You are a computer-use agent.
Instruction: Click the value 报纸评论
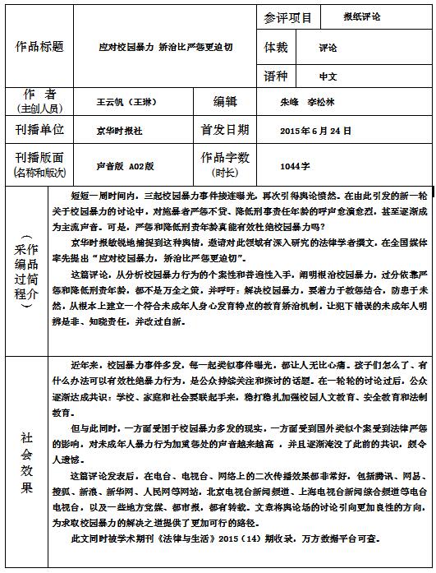(362, 16)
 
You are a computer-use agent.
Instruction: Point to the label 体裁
(277, 47)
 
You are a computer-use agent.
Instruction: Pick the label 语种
(277, 75)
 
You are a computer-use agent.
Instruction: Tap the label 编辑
(225, 101)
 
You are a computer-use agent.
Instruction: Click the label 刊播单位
(40, 130)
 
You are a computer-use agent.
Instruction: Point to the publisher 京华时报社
(119, 130)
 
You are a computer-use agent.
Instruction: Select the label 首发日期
(225, 130)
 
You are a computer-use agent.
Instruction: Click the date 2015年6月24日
(316, 130)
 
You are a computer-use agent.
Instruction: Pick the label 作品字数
(225, 157)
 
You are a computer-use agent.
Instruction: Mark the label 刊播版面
(40, 157)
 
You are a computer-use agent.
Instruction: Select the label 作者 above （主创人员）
(40, 95)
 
